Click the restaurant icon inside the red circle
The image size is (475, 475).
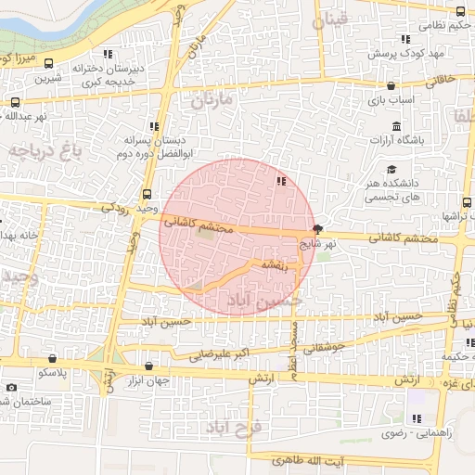point(280,181)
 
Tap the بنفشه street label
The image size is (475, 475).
point(276,265)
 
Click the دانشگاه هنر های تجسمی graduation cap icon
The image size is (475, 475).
point(392,170)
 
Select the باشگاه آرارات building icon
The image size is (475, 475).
point(396,126)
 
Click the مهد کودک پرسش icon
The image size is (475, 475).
point(404,39)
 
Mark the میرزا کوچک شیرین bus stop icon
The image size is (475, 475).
point(48,64)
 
